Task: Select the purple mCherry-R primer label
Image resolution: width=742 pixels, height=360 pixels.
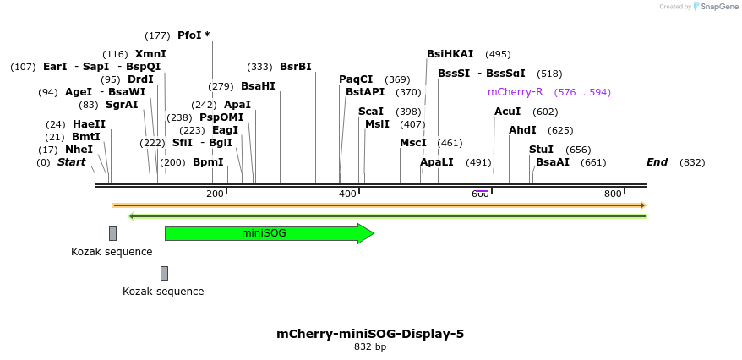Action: pyautogui.click(x=515, y=92)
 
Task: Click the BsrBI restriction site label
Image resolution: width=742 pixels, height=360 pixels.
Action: pyautogui.click(x=295, y=67)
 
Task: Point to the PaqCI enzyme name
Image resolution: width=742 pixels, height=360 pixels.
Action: pyautogui.click(x=356, y=79)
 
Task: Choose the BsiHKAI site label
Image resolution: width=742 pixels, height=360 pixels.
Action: pyautogui.click(x=450, y=54)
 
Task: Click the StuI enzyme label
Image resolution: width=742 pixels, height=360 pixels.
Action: pyautogui.click(x=541, y=150)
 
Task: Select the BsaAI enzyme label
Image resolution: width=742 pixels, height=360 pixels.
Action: pyautogui.click(x=553, y=162)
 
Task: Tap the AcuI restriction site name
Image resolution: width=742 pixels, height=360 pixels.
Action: pyautogui.click(x=507, y=112)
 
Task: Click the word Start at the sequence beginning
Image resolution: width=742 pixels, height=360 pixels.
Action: pyautogui.click(x=71, y=162)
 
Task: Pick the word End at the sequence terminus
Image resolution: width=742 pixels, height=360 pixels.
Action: pyautogui.click(x=657, y=162)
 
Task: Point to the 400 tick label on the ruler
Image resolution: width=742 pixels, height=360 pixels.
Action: pyautogui.click(x=347, y=194)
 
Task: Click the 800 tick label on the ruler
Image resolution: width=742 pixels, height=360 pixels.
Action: pyautogui.click(x=613, y=194)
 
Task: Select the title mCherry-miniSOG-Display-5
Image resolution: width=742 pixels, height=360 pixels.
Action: pyautogui.click(x=370, y=334)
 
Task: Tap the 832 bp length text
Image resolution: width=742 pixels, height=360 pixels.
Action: pyautogui.click(x=370, y=346)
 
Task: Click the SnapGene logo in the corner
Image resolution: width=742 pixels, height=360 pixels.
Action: pyautogui.click(x=715, y=7)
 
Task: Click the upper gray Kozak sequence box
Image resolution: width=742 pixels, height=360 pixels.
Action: pyautogui.click(x=112, y=233)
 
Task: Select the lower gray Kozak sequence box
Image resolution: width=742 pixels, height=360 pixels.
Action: pyautogui.click(x=164, y=273)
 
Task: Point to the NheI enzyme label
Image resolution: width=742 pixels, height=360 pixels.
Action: pyautogui.click(x=79, y=150)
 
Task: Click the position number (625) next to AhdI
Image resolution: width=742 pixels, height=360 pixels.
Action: pyautogui.click(x=560, y=130)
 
